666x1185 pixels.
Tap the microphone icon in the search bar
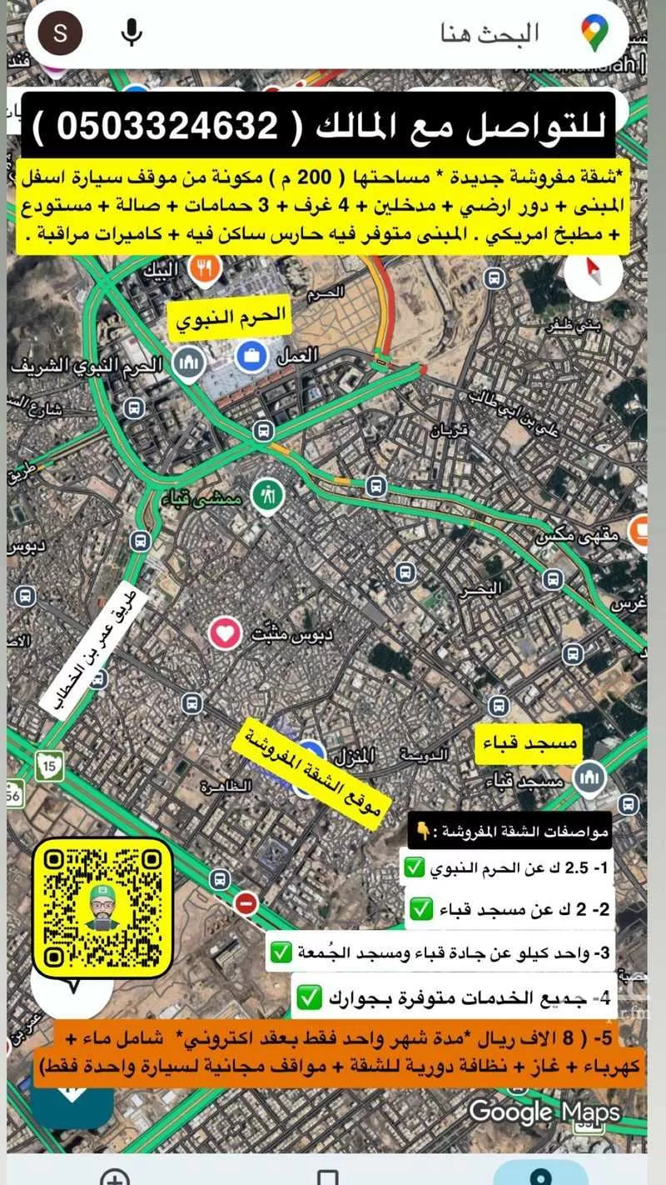click(x=132, y=33)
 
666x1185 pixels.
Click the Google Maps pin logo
click(x=594, y=33)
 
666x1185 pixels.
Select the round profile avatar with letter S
click(x=60, y=33)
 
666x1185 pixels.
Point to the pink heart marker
click(x=225, y=634)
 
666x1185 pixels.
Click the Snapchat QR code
click(x=102, y=907)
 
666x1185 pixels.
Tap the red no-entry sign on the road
click(x=246, y=902)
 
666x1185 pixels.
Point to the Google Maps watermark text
click(x=544, y=1112)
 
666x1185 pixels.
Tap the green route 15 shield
click(x=47, y=765)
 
